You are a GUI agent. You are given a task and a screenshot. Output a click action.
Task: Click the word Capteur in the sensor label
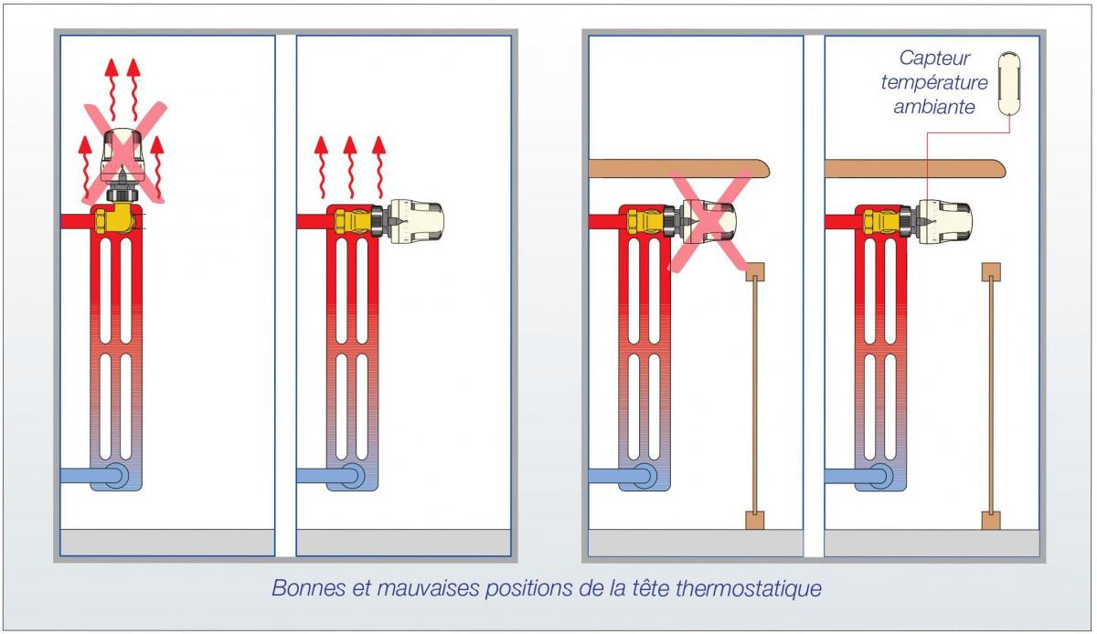tap(934, 58)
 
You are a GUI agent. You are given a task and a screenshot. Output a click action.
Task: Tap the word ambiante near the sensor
tap(934, 107)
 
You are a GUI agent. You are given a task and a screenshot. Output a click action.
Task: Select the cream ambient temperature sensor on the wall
tap(1009, 83)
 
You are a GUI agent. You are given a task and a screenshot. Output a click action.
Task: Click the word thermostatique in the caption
tap(749, 588)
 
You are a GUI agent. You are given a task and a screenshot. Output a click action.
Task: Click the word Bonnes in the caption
tap(309, 588)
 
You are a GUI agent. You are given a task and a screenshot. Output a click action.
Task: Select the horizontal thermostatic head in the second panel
tap(416, 222)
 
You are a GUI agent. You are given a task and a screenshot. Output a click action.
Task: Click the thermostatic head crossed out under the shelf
tap(708, 222)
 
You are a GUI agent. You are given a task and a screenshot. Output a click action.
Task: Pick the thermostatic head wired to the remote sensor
tap(944, 222)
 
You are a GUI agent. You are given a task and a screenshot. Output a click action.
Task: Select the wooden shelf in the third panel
tap(679, 168)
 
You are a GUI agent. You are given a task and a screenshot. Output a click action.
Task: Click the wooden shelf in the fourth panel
tap(915, 168)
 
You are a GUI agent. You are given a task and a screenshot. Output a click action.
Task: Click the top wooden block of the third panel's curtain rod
tap(755, 272)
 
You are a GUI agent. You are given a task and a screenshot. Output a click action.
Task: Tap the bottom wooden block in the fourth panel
tap(991, 521)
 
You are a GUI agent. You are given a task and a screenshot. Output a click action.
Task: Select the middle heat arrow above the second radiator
tap(349, 167)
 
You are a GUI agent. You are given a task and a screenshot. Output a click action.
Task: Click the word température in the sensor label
tap(934, 83)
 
